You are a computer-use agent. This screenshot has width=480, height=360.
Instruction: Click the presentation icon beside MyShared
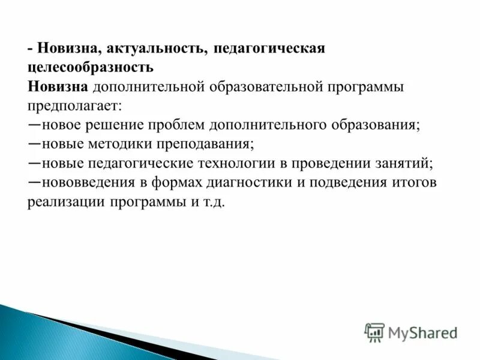(374, 332)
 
